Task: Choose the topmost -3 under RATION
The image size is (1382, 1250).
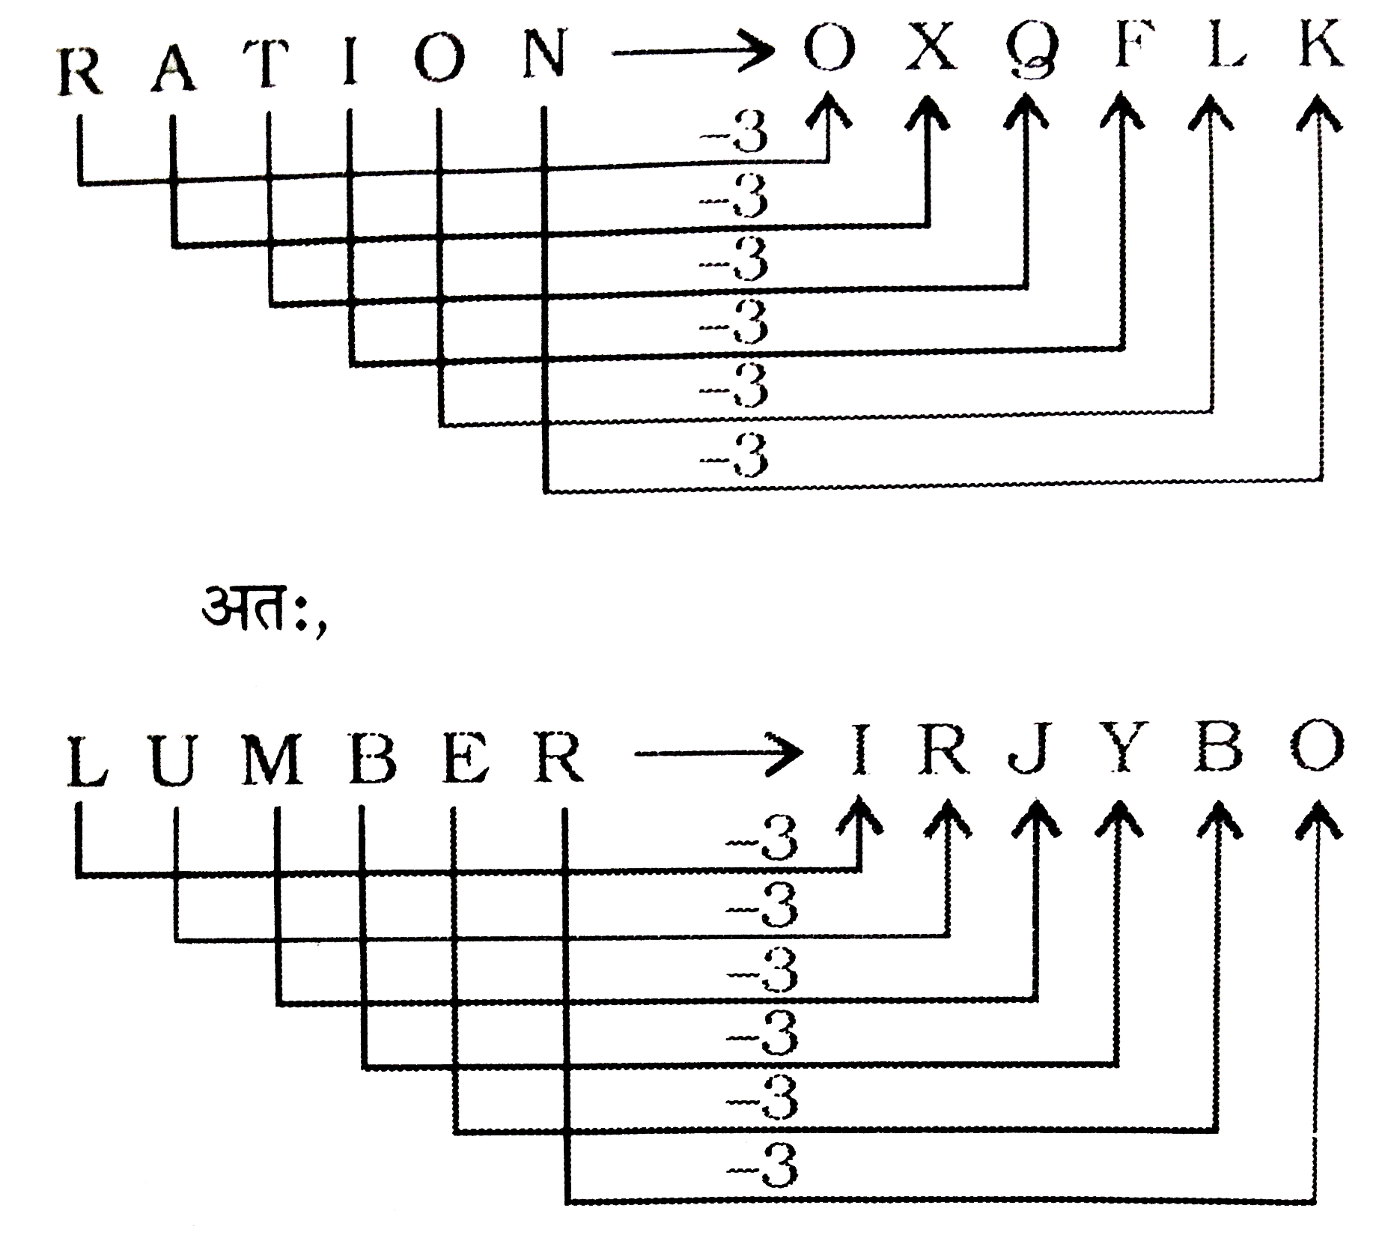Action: (734, 136)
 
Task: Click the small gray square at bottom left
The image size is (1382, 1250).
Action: (154, 1203)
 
